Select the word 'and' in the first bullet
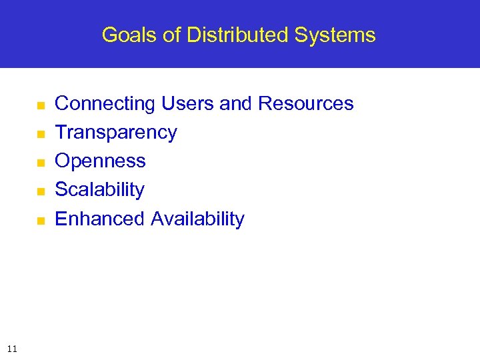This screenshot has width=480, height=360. [236, 104]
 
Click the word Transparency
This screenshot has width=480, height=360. [116, 133]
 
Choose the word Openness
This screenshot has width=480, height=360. [100, 161]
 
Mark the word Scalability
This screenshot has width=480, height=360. [99, 190]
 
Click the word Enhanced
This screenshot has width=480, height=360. [100, 219]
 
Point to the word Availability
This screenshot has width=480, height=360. [197, 219]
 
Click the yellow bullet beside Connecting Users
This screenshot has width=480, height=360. [40, 105]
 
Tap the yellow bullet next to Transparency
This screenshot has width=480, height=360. [40, 134]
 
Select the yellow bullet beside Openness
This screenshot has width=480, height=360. [40, 163]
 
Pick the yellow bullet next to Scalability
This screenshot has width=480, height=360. [40, 191]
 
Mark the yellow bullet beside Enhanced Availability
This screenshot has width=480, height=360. [40, 220]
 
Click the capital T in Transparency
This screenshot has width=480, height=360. [60, 132]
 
